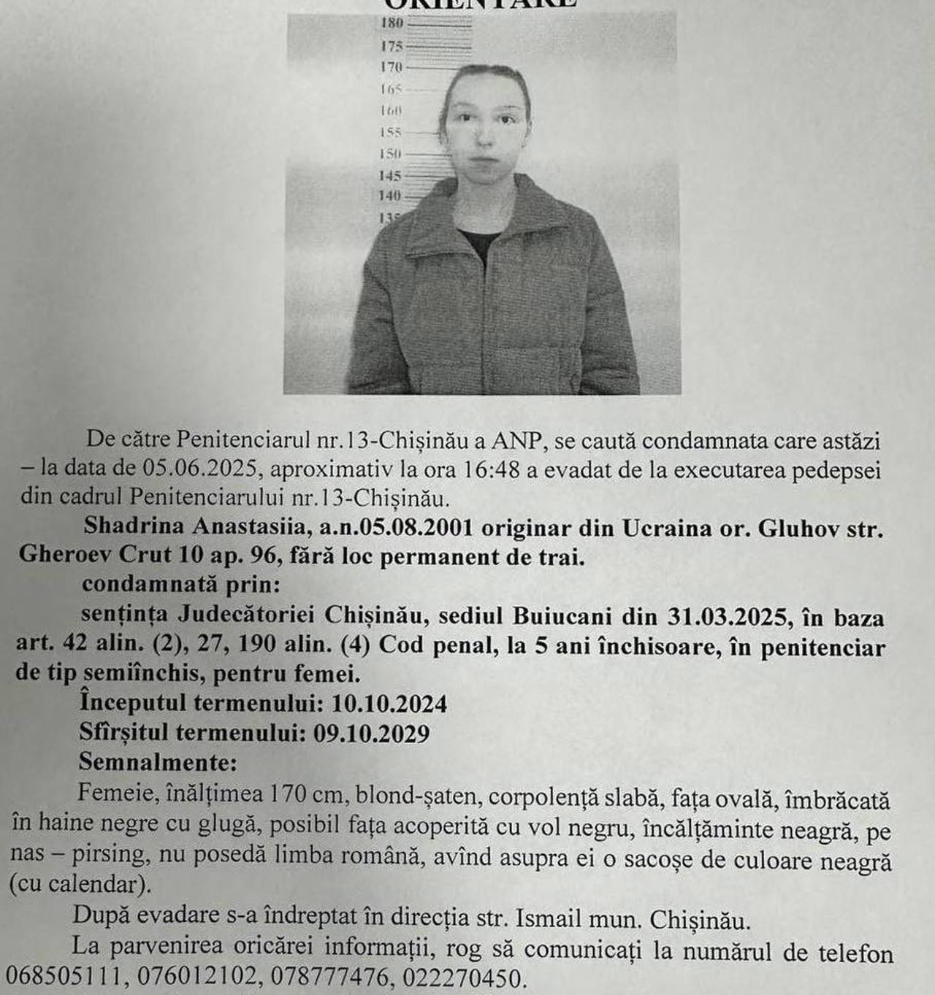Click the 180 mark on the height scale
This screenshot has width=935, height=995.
(x=392, y=23)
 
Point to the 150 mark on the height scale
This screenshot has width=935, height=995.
(x=391, y=154)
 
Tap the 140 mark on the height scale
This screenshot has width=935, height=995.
(x=390, y=196)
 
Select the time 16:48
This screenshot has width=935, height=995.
(x=492, y=469)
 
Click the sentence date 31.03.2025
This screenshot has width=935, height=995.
(x=730, y=617)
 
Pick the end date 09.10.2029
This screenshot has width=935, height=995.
(x=371, y=733)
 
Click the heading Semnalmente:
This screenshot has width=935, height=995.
(x=158, y=763)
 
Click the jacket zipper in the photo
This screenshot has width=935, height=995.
(x=481, y=321)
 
